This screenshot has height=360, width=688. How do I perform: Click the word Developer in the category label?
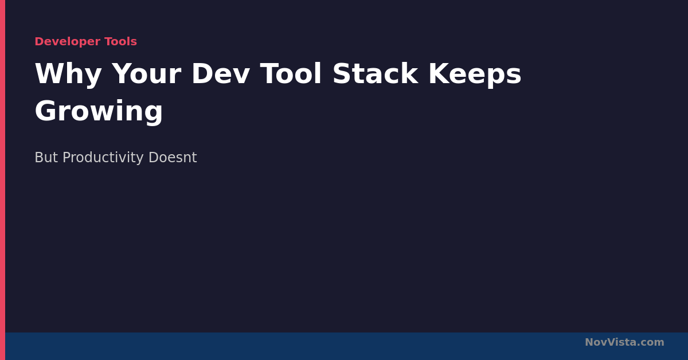(68, 42)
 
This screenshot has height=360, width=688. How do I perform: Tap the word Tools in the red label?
(121, 41)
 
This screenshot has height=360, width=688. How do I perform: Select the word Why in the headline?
(68, 75)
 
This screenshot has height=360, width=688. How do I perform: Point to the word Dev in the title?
(221, 74)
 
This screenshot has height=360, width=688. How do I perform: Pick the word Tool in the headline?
(291, 73)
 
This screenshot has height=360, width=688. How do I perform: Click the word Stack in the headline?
(376, 73)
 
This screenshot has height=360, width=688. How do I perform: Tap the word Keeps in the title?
(475, 75)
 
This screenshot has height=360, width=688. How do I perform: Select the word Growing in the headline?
(99, 112)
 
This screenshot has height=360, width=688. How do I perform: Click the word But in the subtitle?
(46, 157)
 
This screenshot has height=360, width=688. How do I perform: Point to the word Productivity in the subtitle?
(103, 158)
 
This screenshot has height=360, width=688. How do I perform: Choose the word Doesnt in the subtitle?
(173, 157)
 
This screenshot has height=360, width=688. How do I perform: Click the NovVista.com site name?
(624, 342)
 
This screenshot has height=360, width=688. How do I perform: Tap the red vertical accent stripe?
(2, 180)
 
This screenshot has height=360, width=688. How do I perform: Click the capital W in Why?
(50, 73)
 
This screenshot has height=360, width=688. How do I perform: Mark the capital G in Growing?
(45, 111)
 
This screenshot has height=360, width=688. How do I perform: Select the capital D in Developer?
(39, 41)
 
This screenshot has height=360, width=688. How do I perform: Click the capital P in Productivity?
(67, 157)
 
